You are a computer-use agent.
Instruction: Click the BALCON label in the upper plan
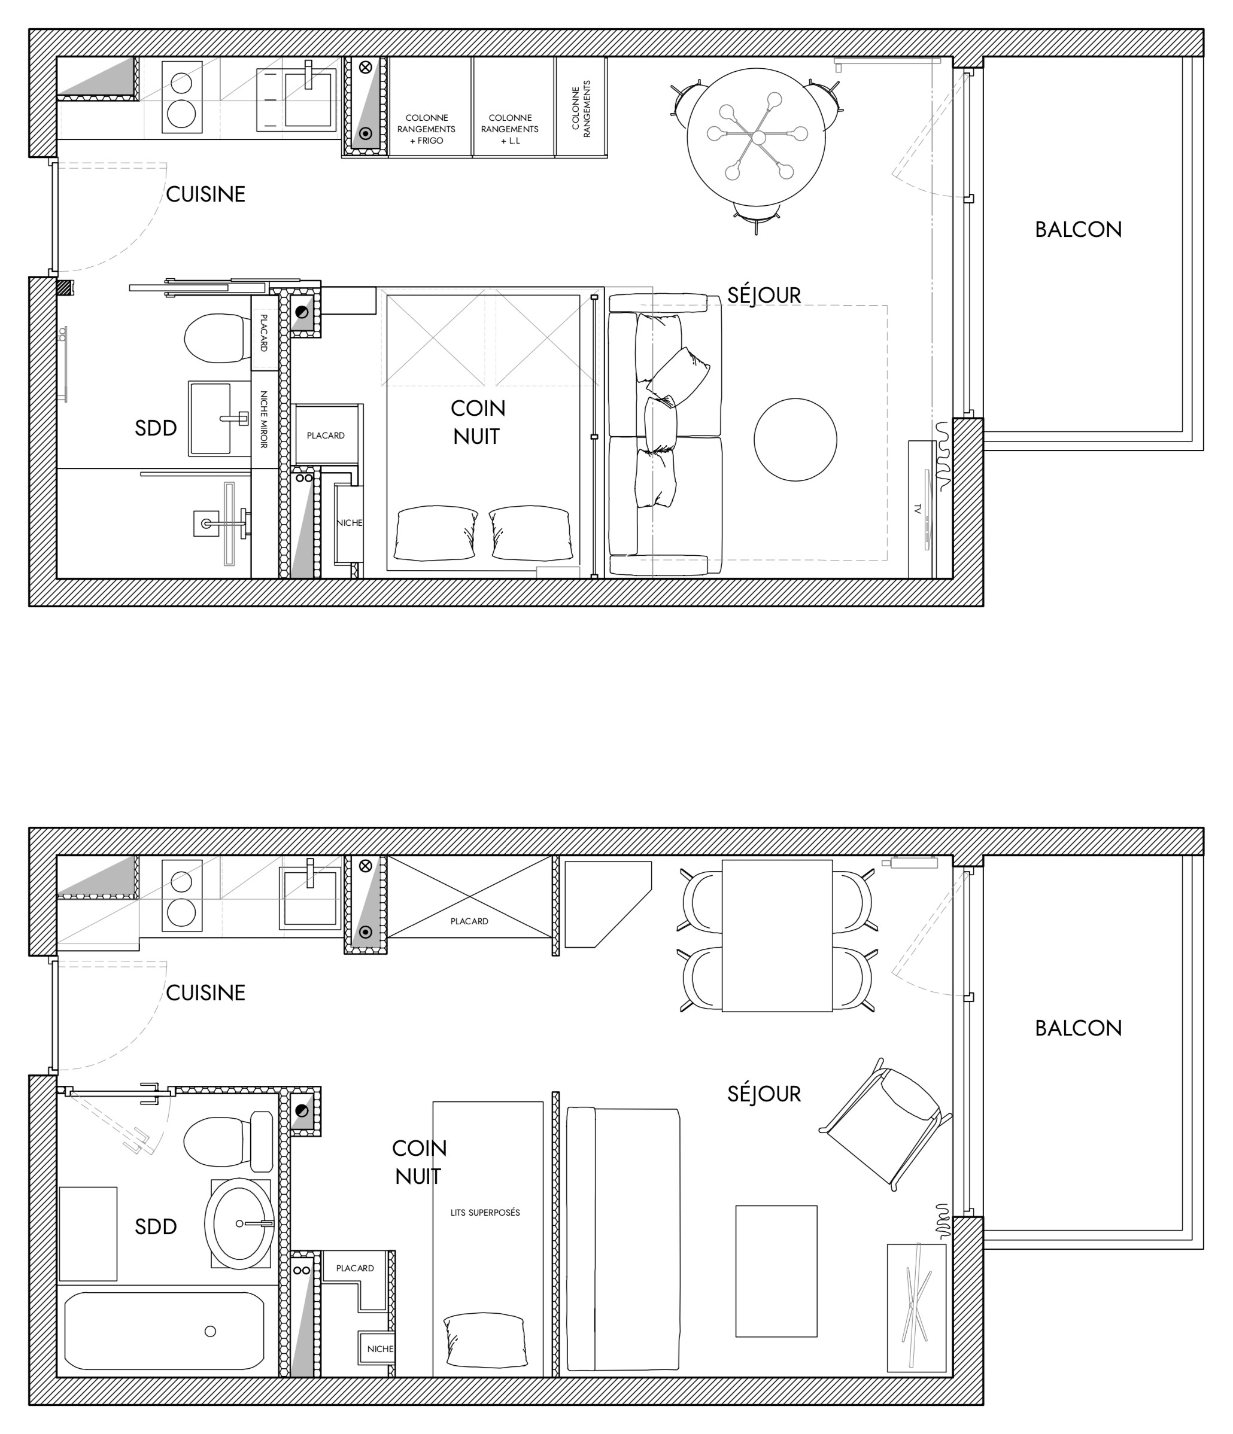tap(1078, 230)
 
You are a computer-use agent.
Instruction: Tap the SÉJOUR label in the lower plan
tap(764, 1094)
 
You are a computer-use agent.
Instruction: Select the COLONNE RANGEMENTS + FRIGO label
tap(426, 129)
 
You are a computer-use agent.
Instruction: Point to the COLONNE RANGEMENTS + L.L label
tap(509, 129)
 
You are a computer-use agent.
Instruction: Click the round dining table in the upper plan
tap(756, 137)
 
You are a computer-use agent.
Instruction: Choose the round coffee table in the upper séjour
tap(795, 440)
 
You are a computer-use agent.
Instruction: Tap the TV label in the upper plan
tap(918, 509)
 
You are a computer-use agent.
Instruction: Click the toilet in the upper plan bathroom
tap(217, 338)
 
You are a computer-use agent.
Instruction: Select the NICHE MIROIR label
tap(264, 419)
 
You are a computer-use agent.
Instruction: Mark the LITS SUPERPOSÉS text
tap(485, 1213)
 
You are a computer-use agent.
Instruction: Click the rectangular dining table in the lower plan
tap(777, 936)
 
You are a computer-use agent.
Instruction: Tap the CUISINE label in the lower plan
tap(206, 992)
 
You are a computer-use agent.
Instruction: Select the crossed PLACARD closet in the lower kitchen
tap(469, 897)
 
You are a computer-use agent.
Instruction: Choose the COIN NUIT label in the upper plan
tap(478, 422)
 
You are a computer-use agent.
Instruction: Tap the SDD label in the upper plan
tap(156, 428)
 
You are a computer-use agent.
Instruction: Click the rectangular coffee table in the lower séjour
tap(776, 1271)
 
